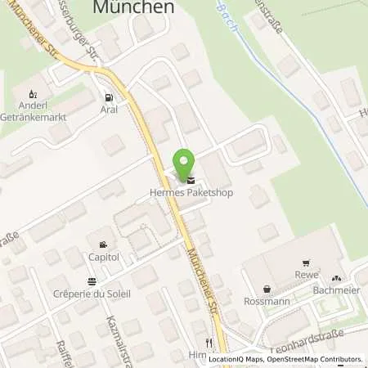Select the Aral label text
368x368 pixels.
[109, 108]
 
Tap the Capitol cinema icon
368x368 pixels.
[103, 245]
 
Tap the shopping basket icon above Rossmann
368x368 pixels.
[267, 289]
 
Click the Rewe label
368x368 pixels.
[305, 275]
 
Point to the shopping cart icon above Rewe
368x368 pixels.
[305, 263]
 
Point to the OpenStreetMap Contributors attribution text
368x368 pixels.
[320, 359]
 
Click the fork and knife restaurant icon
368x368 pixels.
[209, 343]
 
